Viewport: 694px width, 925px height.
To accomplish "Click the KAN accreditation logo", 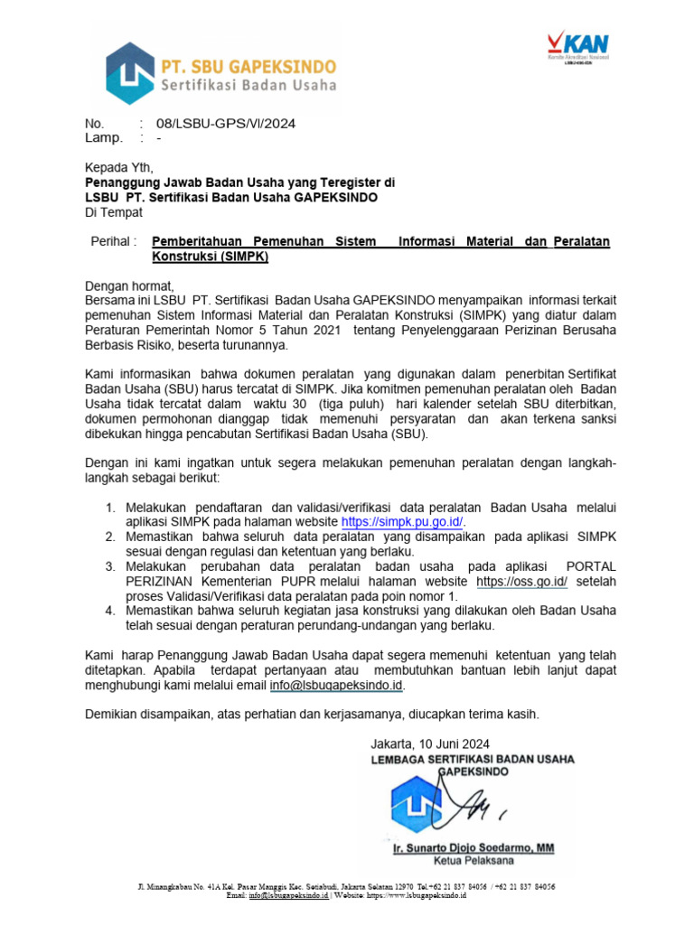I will (x=578, y=48).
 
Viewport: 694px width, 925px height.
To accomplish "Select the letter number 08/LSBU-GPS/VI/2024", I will (x=226, y=124).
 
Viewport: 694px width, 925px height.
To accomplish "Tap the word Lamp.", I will (x=103, y=138).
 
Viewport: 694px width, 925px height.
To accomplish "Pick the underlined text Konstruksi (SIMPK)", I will (x=211, y=256).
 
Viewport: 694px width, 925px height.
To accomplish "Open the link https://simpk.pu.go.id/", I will (x=402, y=522).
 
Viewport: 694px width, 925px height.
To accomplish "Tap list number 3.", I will (x=109, y=566).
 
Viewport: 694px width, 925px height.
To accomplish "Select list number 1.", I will (x=109, y=508).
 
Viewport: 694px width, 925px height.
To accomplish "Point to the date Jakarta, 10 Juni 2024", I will (x=430, y=743).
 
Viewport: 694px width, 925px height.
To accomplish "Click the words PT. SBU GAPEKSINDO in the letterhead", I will (x=249, y=67).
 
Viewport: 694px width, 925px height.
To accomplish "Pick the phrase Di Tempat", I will (x=114, y=212).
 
